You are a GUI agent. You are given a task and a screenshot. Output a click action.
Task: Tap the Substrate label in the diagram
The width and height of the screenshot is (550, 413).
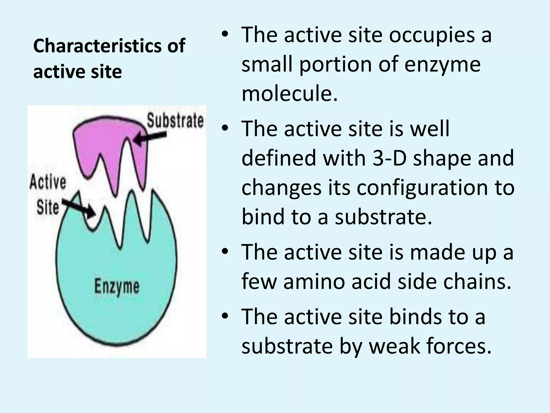click(175, 121)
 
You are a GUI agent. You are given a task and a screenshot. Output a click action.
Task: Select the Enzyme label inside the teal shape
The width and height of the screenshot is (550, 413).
click(117, 287)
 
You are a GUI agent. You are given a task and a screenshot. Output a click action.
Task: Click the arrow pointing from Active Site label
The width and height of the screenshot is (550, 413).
click(79, 209)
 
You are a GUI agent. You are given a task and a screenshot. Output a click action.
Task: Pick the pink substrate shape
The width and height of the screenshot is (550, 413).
click(110, 145)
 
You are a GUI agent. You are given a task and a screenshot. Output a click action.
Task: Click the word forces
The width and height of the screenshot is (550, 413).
click(459, 346)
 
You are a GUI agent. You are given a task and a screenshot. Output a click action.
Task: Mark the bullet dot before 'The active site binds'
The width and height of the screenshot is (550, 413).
click(225, 316)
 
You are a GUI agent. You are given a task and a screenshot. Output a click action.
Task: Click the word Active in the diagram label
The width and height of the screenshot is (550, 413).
click(48, 182)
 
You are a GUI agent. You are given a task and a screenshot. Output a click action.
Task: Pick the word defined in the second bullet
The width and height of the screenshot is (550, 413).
click(279, 158)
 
